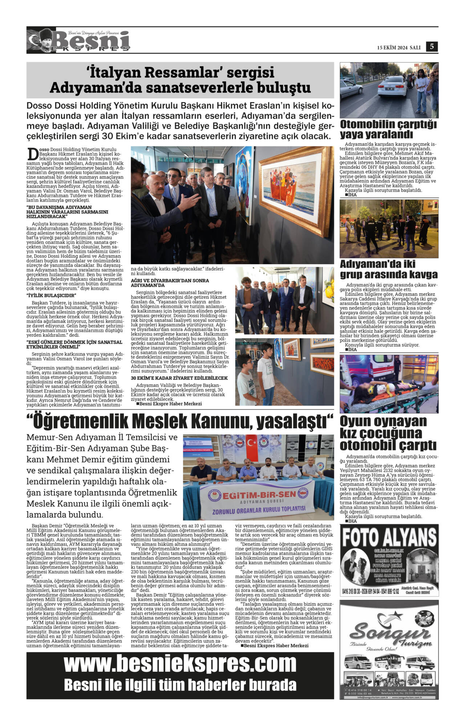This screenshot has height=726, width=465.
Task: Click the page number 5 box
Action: click(432, 46)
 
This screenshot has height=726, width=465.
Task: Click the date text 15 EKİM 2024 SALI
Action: click(399, 48)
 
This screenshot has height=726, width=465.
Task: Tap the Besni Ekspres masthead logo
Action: click(78, 41)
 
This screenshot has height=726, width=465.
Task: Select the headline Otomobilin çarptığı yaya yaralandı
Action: click(388, 129)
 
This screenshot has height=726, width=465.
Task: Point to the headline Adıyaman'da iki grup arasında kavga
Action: click(388, 269)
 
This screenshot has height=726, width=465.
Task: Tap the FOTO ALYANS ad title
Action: click(389, 538)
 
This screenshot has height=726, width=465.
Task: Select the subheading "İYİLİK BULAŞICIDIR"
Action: click(52, 295)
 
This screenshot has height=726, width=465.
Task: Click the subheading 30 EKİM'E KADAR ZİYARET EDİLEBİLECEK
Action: click(179, 378)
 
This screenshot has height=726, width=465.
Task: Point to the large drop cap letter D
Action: click(33, 154)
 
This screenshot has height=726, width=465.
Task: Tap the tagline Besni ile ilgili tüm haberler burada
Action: click(180, 685)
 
